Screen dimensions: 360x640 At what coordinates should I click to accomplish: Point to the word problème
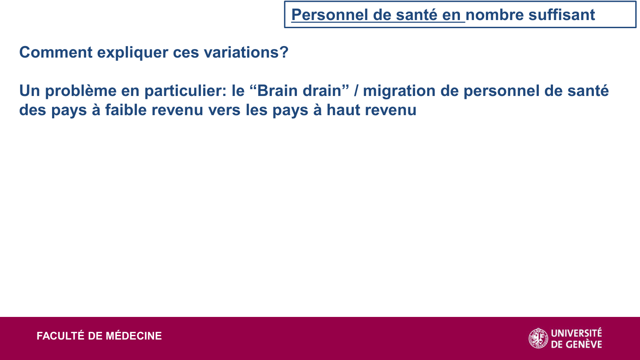(81, 91)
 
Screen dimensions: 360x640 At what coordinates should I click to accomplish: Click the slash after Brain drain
(356, 91)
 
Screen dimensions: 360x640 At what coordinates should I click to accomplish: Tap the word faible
(126, 110)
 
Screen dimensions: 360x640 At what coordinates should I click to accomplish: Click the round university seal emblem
(538, 338)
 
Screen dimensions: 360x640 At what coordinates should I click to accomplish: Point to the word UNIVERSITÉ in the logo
(576, 333)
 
